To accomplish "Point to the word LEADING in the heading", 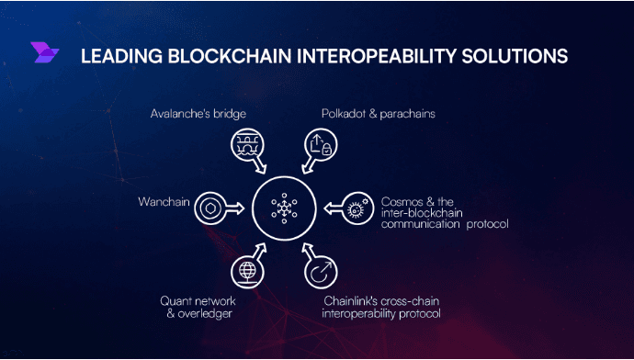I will (x=116, y=56).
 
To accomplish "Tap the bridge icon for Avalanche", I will (x=246, y=145).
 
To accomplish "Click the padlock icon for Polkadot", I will (x=319, y=145).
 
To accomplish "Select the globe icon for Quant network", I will (x=246, y=270).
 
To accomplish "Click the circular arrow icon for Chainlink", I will (x=320, y=272).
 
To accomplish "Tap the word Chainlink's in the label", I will (x=351, y=300).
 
